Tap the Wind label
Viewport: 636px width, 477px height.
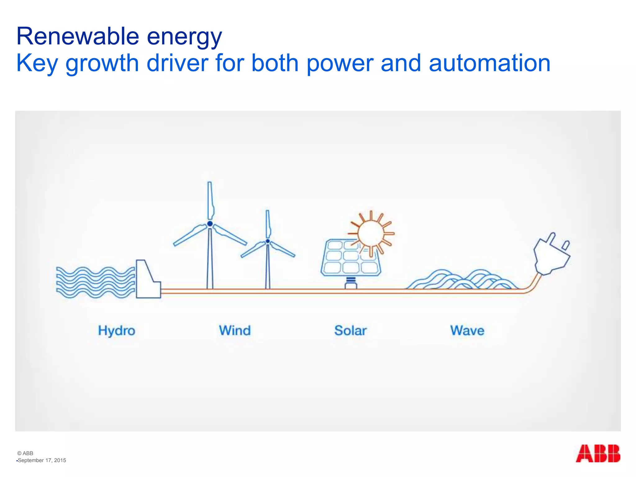click(235, 331)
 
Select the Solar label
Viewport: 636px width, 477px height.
click(350, 331)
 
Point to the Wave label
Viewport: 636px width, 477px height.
click(467, 331)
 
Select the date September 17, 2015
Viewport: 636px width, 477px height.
click(42, 461)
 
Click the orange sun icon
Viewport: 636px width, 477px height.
click(370, 233)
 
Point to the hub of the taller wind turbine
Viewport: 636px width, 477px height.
click(210, 224)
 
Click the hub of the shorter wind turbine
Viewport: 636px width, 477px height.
click(268, 241)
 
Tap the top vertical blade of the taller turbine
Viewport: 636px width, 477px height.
click(210, 200)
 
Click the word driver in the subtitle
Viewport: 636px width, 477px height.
click(177, 63)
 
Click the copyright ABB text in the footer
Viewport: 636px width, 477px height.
click(25, 453)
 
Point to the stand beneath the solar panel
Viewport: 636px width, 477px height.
click(351, 283)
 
